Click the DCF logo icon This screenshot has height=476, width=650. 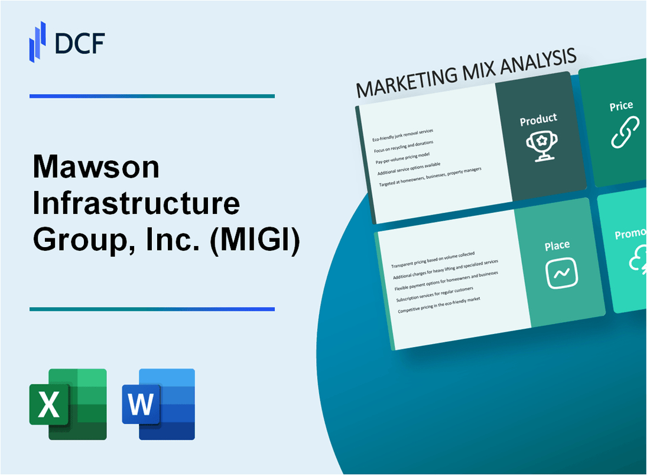click(x=37, y=41)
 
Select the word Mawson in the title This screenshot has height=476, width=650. click(x=96, y=169)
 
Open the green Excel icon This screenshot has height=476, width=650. click(x=68, y=404)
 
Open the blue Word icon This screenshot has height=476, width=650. click(x=158, y=404)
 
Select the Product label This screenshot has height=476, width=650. click(x=538, y=120)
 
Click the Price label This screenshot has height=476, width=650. click(x=621, y=106)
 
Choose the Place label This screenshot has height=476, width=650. click(x=557, y=245)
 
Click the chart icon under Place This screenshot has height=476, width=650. click(x=561, y=274)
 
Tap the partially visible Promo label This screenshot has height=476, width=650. click(x=631, y=235)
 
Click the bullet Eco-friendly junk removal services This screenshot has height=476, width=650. click(x=402, y=134)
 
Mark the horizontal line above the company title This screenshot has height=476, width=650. click(x=152, y=96)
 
